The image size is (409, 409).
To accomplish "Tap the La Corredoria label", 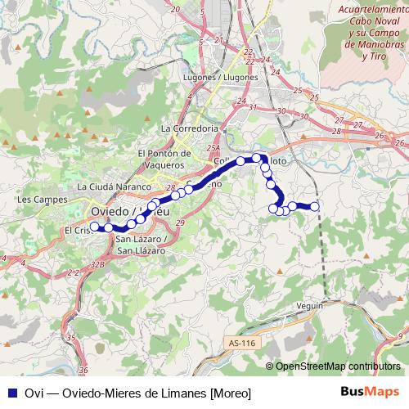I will [x=190, y=128].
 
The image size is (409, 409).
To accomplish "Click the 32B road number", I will [x=98, y=264].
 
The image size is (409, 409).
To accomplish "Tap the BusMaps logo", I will [x=371, y=392].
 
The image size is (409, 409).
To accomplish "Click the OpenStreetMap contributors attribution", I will [x=338, y=366].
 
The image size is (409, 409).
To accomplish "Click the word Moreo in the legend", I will [x=231, y=393].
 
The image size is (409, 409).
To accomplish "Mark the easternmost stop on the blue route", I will [x=314, y=206].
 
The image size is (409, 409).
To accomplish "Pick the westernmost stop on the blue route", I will [x=95, y=227].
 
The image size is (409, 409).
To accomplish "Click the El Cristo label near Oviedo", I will [x=78, y=231].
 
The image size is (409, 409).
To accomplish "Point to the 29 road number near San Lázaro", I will [x=180, y=223].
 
